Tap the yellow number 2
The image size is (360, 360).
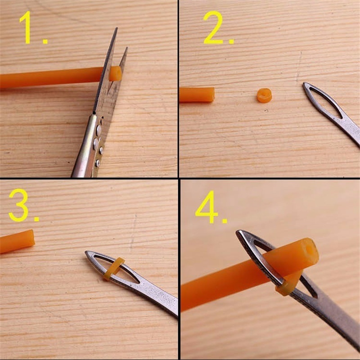213,27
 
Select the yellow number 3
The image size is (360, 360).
18,205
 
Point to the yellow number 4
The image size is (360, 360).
207,207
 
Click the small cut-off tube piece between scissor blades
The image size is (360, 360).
115,74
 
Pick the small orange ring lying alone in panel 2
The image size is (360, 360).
264,95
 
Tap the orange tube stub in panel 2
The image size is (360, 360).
197,94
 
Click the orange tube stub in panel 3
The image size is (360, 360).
17,241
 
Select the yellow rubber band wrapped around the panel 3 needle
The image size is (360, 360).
114,269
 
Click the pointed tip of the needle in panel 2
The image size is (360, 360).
304,84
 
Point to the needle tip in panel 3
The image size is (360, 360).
86,252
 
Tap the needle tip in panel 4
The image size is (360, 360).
237,231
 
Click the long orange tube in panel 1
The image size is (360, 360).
51,77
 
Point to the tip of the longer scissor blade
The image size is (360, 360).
117,28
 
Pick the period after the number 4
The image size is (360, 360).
225,221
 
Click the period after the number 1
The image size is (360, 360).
45,41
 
